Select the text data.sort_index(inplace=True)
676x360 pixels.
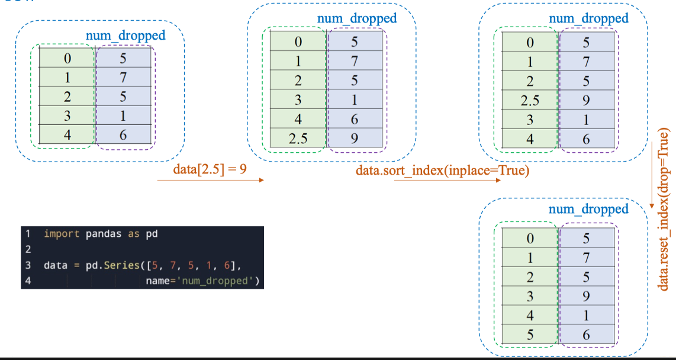click(442, 171)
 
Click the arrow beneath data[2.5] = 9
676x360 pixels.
click(210, 180)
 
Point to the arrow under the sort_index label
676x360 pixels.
click(447, 181)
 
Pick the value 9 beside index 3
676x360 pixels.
click(586, 296)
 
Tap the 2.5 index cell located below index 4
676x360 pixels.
click(298, 139)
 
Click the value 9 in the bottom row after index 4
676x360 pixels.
click(354, 139)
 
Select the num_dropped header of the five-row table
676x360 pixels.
click(125, 36)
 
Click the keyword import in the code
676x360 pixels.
click(62, 234)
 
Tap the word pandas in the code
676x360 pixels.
click(104, 234)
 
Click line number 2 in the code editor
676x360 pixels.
click(28, 249)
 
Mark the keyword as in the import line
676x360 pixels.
click(133, 234)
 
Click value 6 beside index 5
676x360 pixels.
click(586, 335)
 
